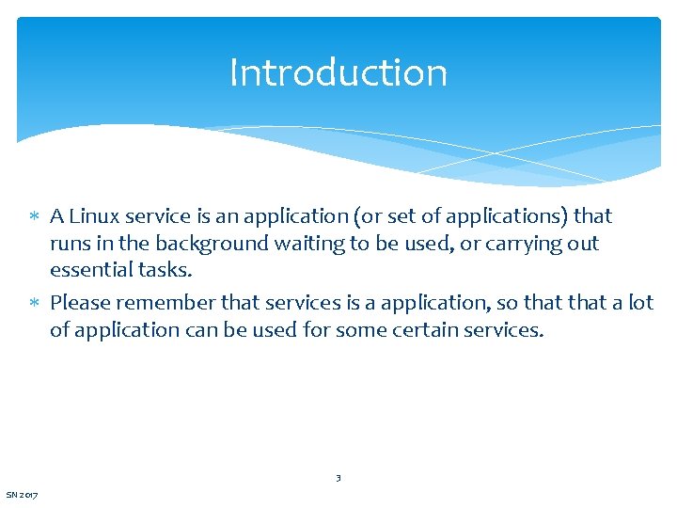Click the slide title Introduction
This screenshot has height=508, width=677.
[338, 72]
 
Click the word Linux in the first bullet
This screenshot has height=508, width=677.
[94, 216]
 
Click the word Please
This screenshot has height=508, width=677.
[81, 302]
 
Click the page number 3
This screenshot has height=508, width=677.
[338, 478]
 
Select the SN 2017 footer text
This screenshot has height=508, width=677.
[22, 495]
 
